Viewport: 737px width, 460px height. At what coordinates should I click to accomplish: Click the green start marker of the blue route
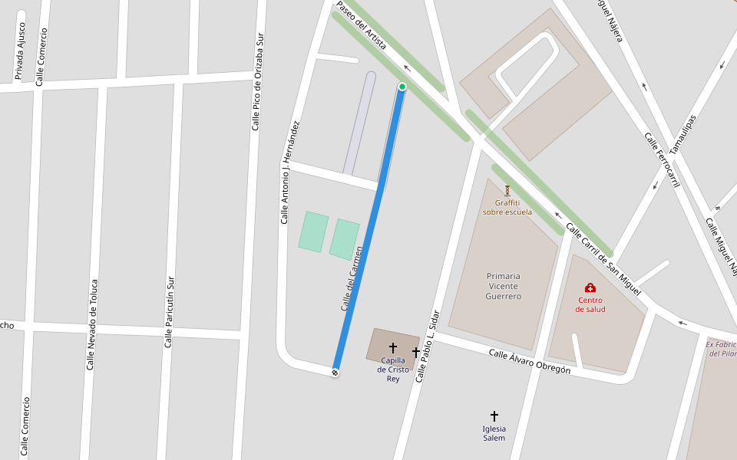[402, 87]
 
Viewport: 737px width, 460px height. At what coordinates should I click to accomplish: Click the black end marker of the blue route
[335, 373]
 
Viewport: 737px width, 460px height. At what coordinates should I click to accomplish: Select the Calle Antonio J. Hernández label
[289, 172]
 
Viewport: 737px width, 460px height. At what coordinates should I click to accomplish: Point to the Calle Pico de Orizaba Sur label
[257, 81]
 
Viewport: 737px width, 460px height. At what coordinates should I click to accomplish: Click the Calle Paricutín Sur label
[169, 312]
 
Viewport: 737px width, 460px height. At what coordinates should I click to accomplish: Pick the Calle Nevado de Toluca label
[91, 324]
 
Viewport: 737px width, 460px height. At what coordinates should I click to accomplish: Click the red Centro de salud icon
[590, 287]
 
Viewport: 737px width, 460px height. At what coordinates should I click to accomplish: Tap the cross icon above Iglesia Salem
[494, 416]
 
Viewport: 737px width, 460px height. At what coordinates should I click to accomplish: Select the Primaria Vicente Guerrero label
[504, 286]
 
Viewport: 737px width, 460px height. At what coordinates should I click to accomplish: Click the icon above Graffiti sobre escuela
[507, 189]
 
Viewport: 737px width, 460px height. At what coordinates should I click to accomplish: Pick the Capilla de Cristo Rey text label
[393, 370]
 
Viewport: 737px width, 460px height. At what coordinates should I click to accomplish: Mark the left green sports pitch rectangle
[313, 232]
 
